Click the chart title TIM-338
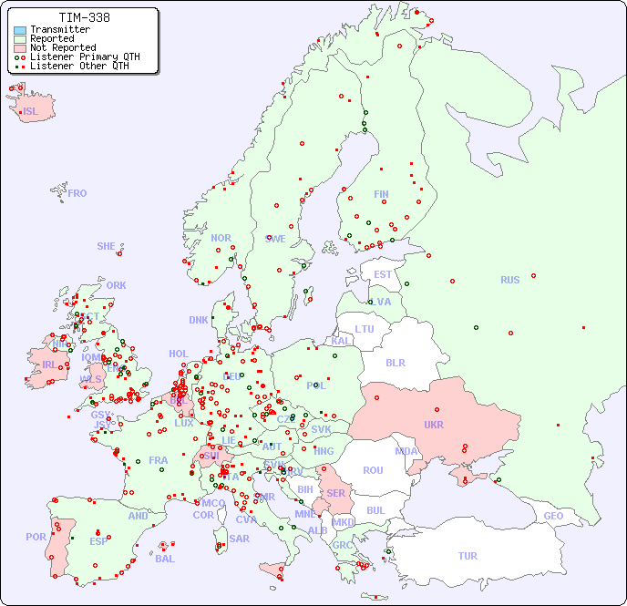pos(84,17)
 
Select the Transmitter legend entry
pos(59,30)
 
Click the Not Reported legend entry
pos(62,48)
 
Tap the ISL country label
pos(31,112)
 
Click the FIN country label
pos(381,194)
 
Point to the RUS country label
pos(509,280)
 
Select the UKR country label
pos(433,425)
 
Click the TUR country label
pos(468,556)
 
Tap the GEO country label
pos(553,516)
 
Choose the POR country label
pos(36,537)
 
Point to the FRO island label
pos(77,193)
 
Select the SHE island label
pos(106,246)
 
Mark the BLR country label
pos(396,362)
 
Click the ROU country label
pos(373,470)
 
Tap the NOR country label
pos(221,238)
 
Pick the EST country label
pos(383,274)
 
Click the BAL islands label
pos(165,559)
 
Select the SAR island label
pos(239,538)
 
